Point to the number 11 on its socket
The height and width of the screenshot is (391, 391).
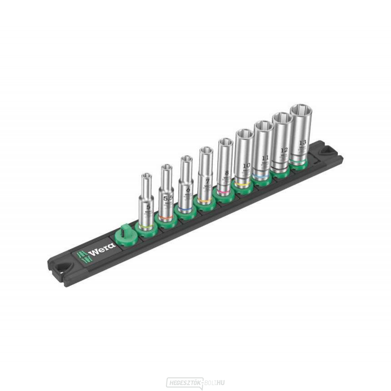[266, 159]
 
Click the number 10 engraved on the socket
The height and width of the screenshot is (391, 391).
[246, 165]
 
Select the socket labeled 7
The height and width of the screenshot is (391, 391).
[206, 173]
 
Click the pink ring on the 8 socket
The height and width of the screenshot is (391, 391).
[225, 193]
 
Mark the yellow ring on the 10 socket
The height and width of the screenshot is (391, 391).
[243, 185]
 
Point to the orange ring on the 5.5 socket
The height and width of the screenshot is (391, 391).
[166, 218]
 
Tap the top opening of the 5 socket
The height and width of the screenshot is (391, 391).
[146, 176]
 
